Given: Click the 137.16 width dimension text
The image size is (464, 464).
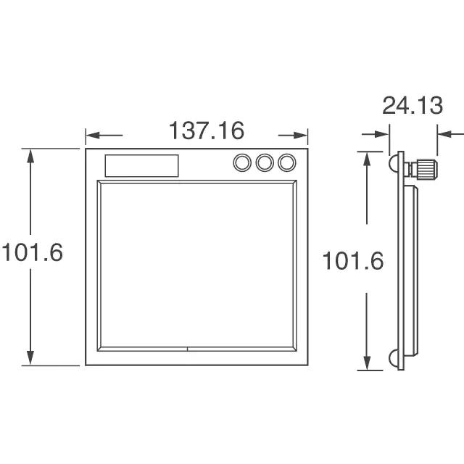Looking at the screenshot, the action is (207, 130).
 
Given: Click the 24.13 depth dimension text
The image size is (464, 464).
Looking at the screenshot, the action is (413, 105).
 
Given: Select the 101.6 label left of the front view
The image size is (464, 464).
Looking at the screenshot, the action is (32, 252).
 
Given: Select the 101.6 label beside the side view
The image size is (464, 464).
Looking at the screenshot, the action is (353, 261).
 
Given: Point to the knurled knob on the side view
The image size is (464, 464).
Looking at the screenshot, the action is (426, 169).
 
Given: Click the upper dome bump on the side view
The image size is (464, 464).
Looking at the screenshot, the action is (393, 163).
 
